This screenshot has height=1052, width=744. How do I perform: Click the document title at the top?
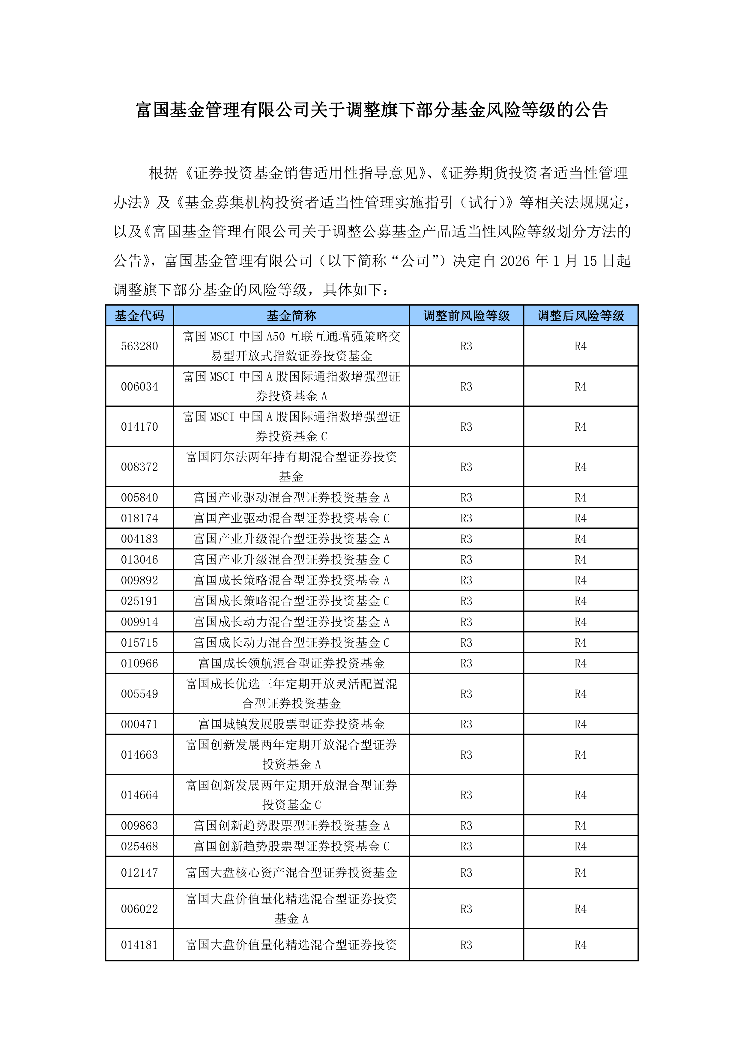click(372, 110)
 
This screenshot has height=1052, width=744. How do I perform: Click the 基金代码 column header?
click(139, 315)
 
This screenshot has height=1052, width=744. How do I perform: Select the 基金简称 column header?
click(291, 315)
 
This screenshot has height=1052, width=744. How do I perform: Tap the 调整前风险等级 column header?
click(466, 315)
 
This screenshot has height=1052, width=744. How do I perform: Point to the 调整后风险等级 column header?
click(581, 315)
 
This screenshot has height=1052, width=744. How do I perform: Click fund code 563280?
click(139, 346)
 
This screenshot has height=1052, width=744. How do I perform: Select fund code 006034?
click(139, 386)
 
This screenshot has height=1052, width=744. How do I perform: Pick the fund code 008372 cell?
click(139, 467)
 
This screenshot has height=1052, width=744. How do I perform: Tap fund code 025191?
click(139, 601)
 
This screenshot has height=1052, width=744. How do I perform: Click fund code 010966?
click(139, 663)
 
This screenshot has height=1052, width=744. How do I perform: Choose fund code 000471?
click(139, 724)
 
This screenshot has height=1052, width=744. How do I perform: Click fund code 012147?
click(139, 872)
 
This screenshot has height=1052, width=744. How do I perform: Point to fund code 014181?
click(139, 945)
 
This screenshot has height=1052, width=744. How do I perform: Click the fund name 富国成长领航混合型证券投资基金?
click(291, 663)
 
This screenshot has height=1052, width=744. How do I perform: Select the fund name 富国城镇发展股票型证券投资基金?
click(291, 724)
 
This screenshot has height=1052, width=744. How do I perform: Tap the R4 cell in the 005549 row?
click(581, 694)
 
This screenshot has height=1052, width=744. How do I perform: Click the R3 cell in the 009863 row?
click(466, 825)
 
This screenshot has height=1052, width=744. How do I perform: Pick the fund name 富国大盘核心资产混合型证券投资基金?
click(291, 872)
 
